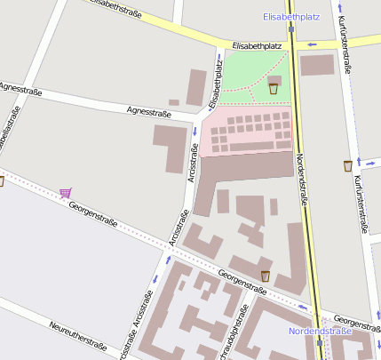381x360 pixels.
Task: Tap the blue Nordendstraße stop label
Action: pos(319,331)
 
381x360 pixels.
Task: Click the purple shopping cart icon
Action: pos(65,192)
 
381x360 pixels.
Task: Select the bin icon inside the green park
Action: pos(274,88)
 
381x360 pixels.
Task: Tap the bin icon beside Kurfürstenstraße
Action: pos(347,165)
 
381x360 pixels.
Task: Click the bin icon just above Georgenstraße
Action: pos(265,276)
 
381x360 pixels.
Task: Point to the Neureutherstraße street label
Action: pos(78,334)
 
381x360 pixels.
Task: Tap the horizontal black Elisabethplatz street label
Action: pos(257,44)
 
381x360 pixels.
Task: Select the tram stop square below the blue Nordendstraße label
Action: pos(319,341)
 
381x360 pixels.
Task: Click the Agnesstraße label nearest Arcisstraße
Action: pos(148,111)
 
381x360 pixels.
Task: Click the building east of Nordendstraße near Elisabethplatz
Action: pos(317,65)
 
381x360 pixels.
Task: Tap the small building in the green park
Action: pos(274,80)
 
